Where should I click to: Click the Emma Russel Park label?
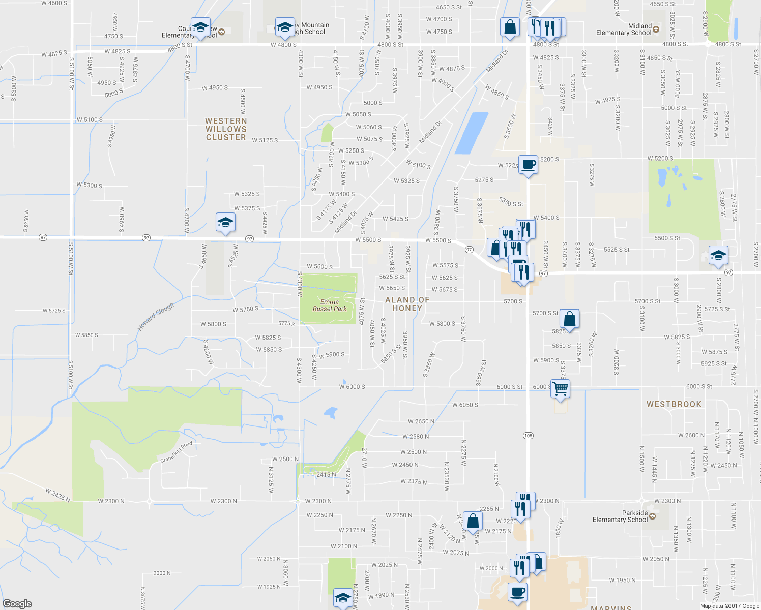click(x=330, y=305)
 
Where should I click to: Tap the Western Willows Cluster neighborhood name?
click(x=226, y=129)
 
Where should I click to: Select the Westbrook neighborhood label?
click(x=674, y=404)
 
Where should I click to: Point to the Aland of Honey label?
click(x=407, y=304)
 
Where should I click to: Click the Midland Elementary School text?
click(x=624, y=29)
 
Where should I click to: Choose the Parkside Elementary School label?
click(x=620, y=516)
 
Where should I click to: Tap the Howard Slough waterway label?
click(x=156, y=316)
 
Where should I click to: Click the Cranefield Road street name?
click(x=177, y=451)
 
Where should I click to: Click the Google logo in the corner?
click(x=17, y=603)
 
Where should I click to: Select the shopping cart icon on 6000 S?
click(x=560, y=389)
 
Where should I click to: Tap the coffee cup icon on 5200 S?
click(x=529, y=165)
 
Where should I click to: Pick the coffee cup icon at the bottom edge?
click(x=517, y=592)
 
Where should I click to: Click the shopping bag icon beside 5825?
click(x=570, y=319)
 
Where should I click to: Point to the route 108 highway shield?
click(x=528, y=436)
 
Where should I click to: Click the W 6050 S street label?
click(x=465, y=405)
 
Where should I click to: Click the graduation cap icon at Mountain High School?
click(x=285, y=27)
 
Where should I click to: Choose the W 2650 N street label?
click(x=421, y=421)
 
